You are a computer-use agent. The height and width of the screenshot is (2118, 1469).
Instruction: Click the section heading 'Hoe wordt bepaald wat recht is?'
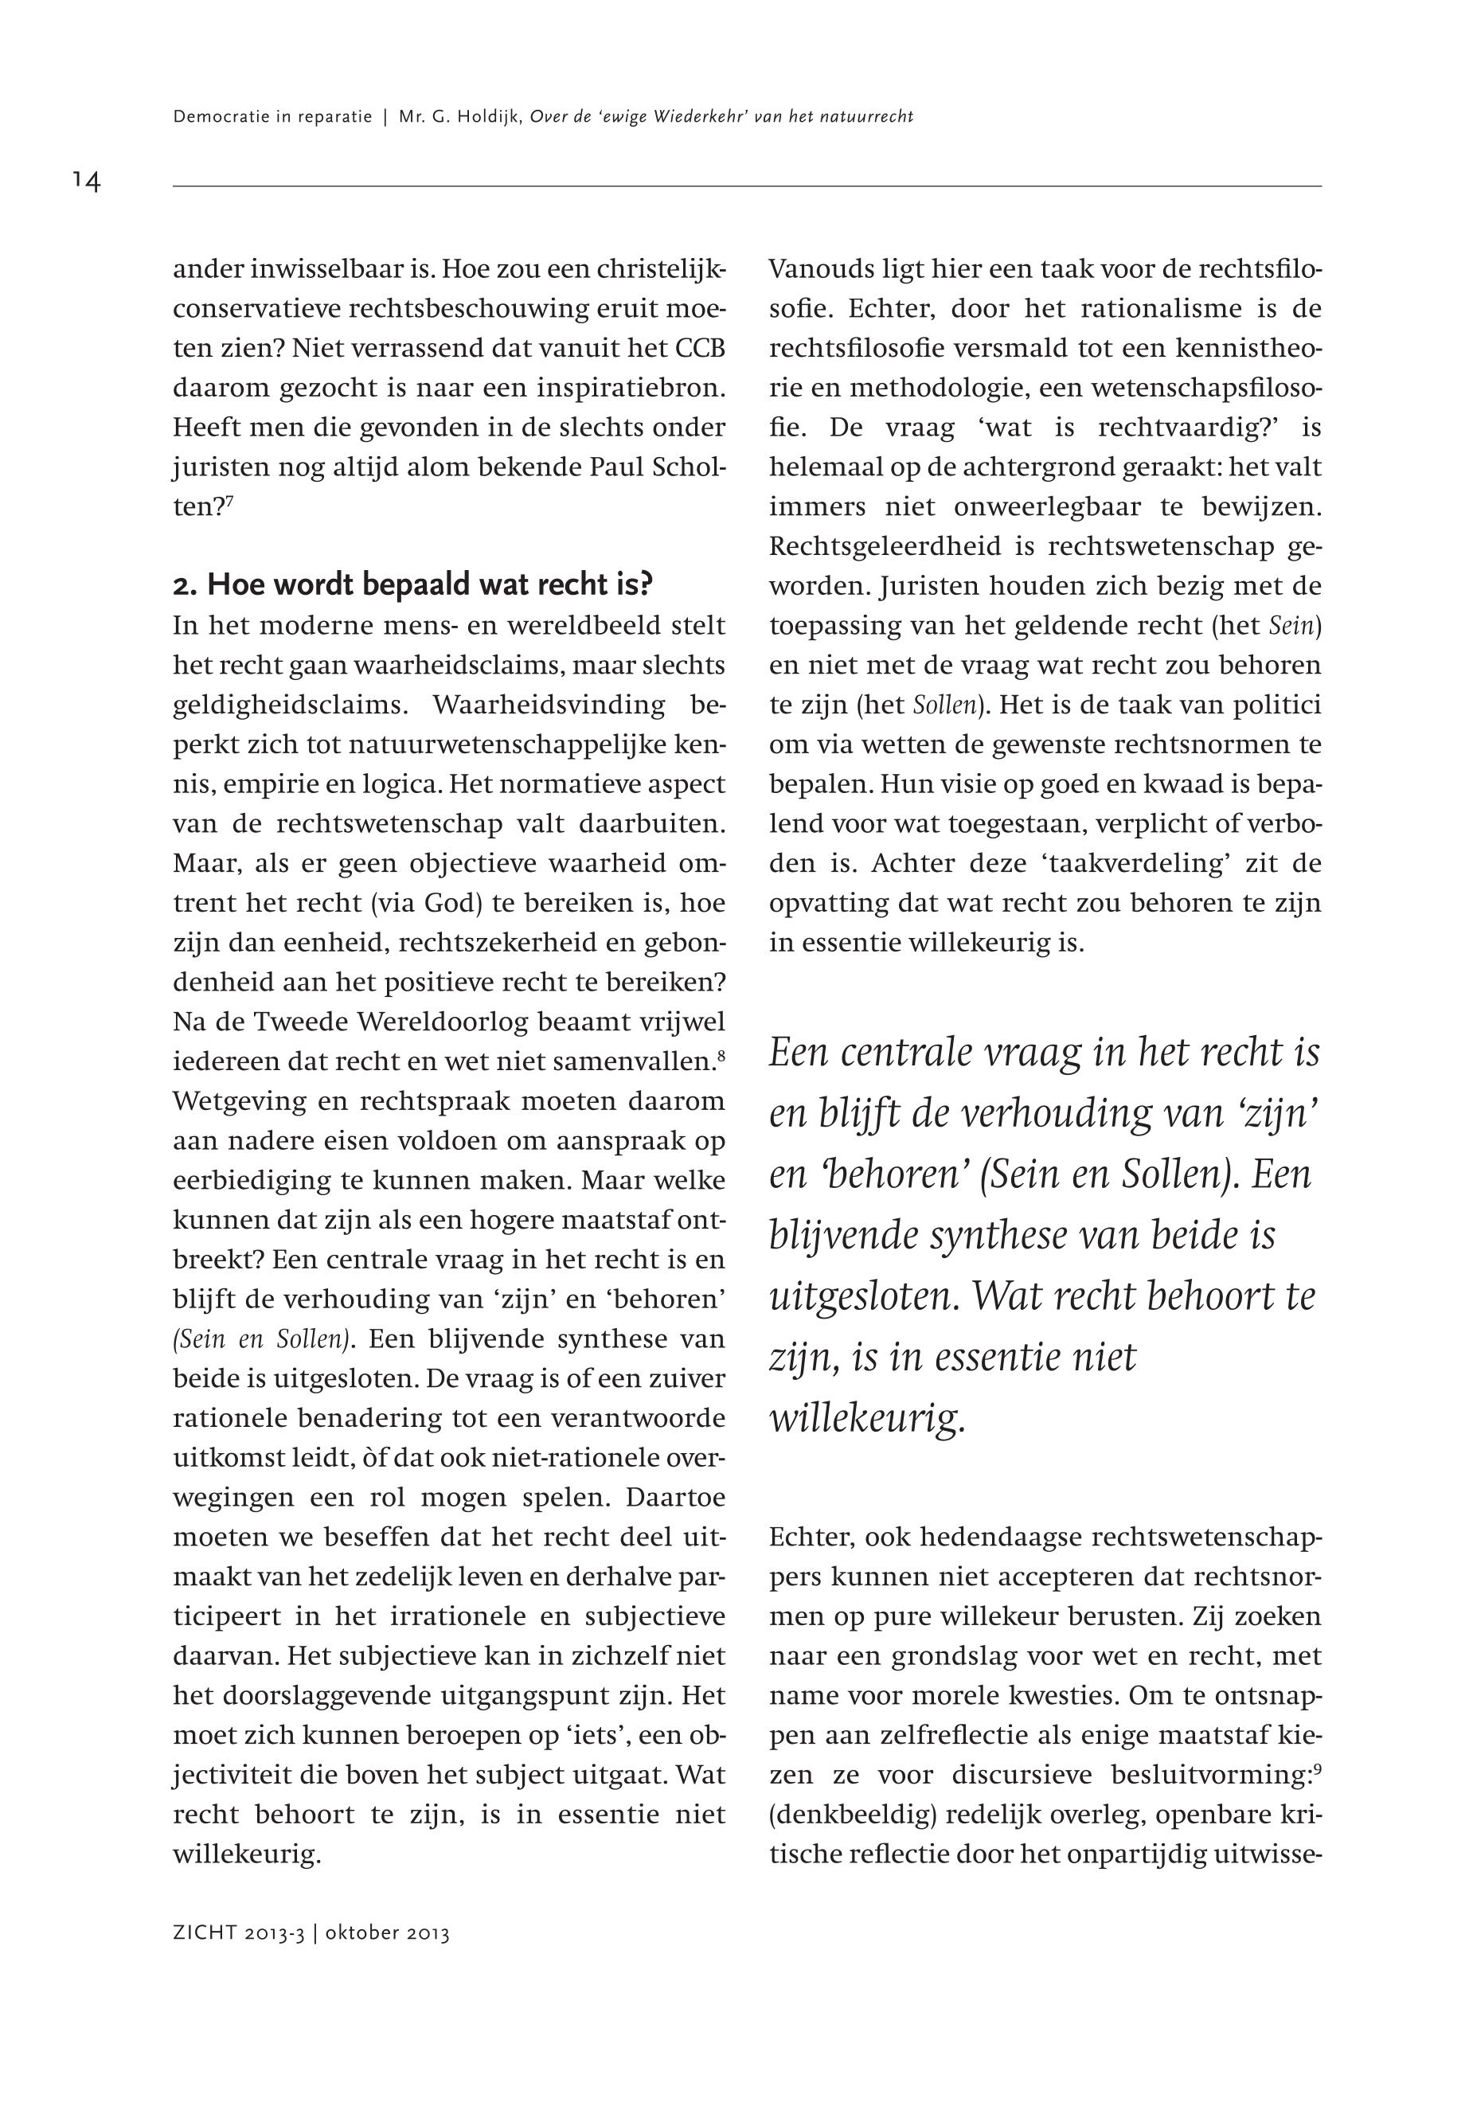click(412, 584)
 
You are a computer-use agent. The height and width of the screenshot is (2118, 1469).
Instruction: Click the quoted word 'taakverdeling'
click(1127, 863)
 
